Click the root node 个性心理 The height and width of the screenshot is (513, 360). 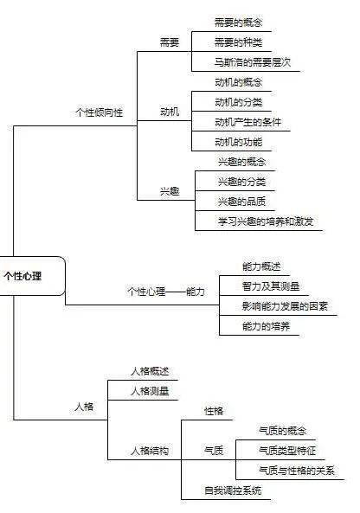22,276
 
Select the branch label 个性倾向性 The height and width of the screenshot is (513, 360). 100,112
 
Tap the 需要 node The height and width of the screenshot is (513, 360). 170,42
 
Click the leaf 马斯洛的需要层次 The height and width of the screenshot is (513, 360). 253,62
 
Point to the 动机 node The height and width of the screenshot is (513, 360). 170,112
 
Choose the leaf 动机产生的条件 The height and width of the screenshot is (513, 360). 248,122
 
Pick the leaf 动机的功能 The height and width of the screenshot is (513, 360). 239,142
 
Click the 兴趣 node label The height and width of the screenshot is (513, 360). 170,191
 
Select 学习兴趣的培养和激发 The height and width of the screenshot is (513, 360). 266,221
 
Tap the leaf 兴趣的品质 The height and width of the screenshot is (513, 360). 241,202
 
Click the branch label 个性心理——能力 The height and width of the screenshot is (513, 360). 166,292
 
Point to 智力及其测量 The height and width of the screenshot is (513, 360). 271,286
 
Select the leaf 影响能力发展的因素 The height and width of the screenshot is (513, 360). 285,306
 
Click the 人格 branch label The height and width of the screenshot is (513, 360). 84,407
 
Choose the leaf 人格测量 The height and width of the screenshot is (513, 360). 150,391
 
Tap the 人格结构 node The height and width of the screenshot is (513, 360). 150,451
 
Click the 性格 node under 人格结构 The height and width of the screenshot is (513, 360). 214,411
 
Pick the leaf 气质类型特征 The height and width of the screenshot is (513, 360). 287,451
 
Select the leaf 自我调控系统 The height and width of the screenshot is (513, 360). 233,491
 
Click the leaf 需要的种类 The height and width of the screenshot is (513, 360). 238,42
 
